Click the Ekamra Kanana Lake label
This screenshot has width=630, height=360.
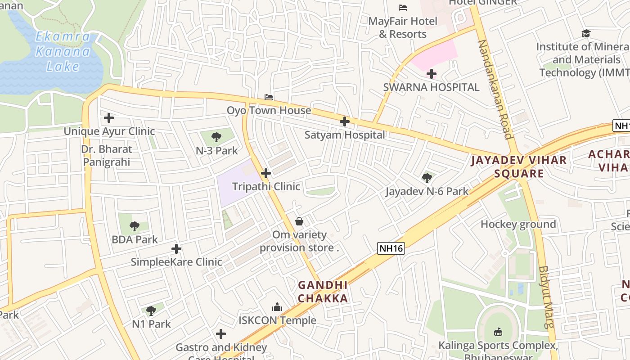point(63,51)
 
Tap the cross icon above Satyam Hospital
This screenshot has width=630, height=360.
point(344,121)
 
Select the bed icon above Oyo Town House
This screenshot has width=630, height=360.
point(269,97)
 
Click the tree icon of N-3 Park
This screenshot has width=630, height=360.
point(216,137)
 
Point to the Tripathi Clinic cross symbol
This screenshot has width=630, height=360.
point(266,173)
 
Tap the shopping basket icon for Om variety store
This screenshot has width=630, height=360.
point(299,221)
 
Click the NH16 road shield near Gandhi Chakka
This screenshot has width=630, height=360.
point(391,248)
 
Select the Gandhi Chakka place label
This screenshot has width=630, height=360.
point(323,292)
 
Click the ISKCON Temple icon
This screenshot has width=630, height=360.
point(277,307)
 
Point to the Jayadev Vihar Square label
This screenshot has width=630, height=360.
point(519,167)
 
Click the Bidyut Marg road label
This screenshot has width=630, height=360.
point(545,297)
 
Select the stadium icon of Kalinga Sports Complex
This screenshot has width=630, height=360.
point(498,332)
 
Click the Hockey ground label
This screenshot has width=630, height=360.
point(518,224)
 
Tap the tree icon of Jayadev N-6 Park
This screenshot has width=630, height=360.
point(427,178)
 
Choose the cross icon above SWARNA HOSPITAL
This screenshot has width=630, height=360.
point(431,73)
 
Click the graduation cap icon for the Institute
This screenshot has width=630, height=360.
point(586,33)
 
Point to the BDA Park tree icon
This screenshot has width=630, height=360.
point(134,226)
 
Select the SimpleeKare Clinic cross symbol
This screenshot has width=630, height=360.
point(176,248)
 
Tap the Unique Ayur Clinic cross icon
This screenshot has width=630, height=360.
point(109,118)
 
